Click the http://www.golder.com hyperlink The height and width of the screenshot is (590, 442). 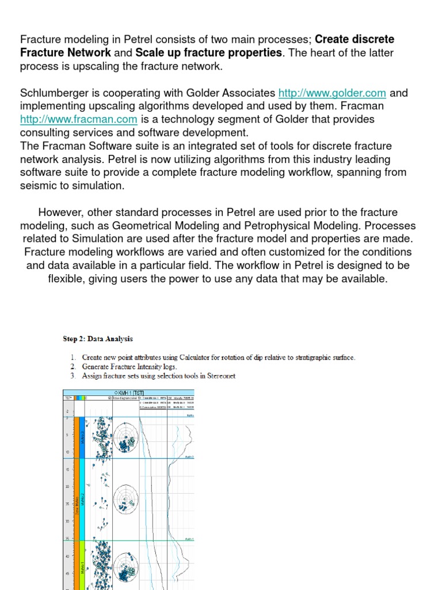[x=332, y=93]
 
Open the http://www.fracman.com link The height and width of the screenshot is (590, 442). [x=79, y=119]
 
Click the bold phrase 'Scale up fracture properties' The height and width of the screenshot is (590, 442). [x=209, y=52]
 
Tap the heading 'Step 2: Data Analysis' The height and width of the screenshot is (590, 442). [x=98, y=339]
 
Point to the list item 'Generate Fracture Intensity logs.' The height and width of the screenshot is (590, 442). [x=129, y=366]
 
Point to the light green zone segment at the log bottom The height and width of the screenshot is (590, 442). [x=83, y=565]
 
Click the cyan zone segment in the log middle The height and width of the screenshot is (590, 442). [x=83, y=498]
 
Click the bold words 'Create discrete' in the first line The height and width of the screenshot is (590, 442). [x=355, y=39]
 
